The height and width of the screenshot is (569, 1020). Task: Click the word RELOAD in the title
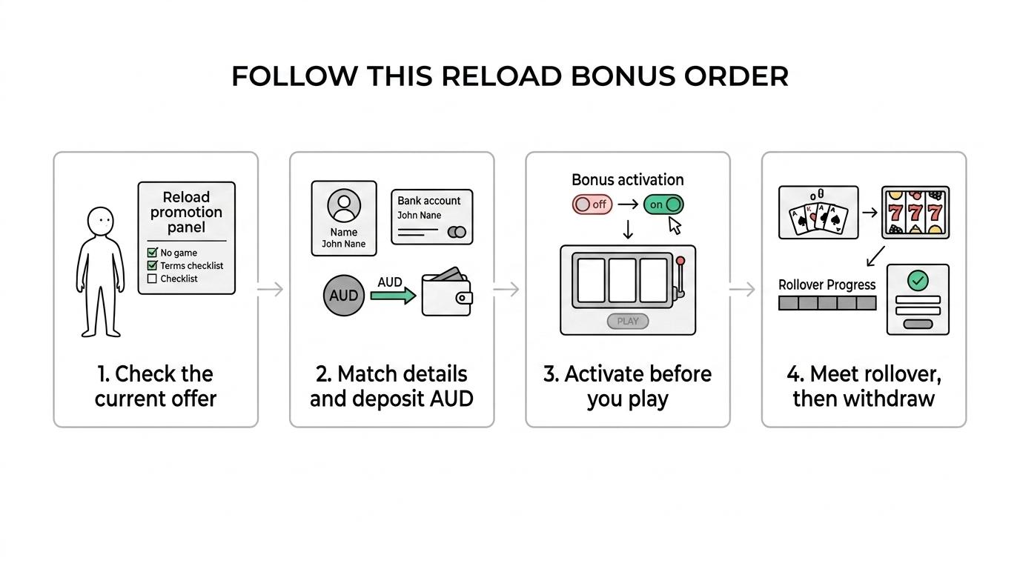click(x=501, y=76)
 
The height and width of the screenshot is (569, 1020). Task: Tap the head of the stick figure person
click(x=100, y=222)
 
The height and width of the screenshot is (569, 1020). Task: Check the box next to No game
click(x=152, y=252)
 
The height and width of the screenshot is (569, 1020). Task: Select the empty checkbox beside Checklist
click(x=152, y=279)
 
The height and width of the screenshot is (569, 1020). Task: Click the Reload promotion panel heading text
click(x=186, y=212)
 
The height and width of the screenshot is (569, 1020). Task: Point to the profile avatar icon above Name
click(x=344, y=205)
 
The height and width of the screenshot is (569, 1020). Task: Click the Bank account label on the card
click(x=428, y=201)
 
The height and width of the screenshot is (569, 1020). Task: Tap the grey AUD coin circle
click(x=344, y=296)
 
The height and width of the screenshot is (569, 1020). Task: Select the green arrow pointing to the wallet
click(x=393, y=296)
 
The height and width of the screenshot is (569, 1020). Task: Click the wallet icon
click(x=447, y=293)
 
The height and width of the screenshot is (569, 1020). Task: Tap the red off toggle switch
click(x=592, y=204)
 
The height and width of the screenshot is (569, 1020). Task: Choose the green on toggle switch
click(x=663, y=204)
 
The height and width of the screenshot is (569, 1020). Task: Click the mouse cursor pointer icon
click(x=675, y=225)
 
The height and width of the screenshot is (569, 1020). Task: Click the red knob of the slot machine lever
click(x=680, y=261)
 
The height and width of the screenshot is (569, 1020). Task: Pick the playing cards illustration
click(x=818, y=213)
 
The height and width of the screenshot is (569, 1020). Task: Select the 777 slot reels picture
click(x=915, y=213)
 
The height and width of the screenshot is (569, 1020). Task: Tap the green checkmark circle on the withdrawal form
click(x=918, y=280)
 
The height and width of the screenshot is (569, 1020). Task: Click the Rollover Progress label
click(x=827, y=285)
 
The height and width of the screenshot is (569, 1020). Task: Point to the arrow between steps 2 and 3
click(x=506, y=289)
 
